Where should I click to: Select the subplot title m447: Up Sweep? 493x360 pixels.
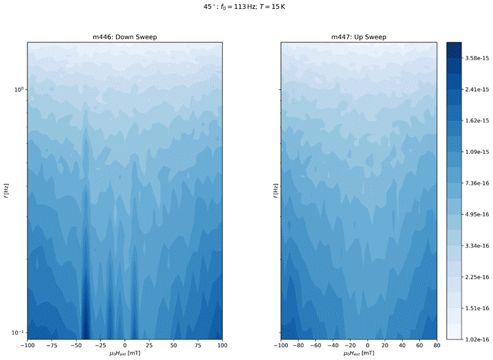[x=358, y=36]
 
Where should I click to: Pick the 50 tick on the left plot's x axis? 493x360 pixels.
[x=174, y=346]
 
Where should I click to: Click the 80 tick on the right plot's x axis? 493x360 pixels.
[x=435, y=346]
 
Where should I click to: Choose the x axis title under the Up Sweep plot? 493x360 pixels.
[x=358, y=356]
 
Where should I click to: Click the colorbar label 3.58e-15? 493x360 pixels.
[x=476, y=60]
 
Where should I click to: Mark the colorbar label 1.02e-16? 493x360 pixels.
[x=476, y=339]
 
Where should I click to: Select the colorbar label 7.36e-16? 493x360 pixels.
[x=476, y=183]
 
